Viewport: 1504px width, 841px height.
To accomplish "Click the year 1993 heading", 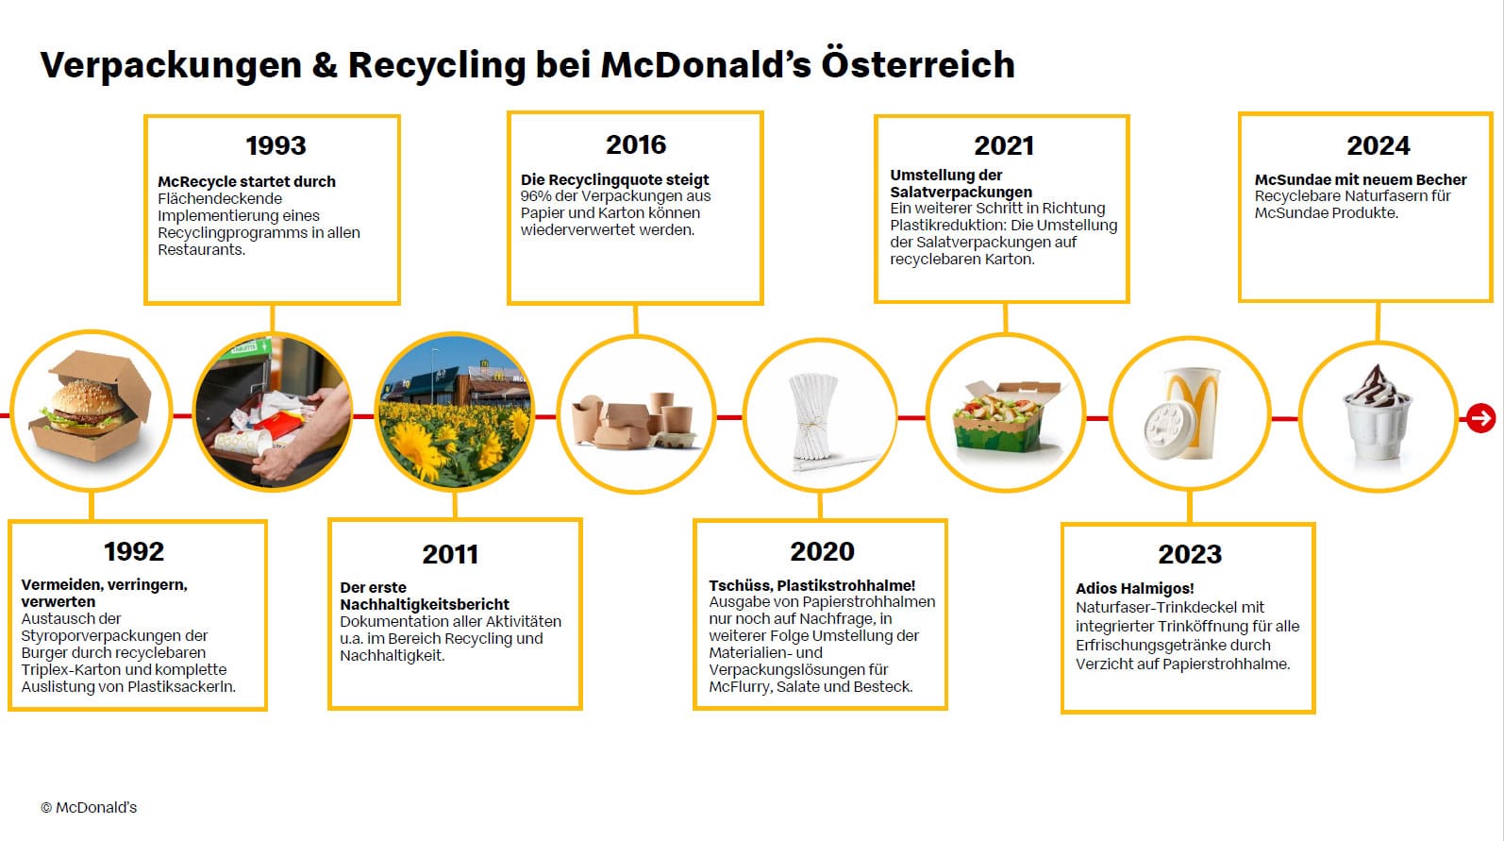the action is (276, 145).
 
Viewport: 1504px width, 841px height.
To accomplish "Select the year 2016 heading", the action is (636, 144).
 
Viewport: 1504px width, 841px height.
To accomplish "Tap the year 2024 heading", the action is (1379, 145).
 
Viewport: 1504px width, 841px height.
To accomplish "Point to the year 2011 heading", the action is (450, 555).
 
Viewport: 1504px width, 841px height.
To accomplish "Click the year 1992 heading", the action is (134, 552).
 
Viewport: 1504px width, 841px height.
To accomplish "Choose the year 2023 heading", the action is (1190, 554).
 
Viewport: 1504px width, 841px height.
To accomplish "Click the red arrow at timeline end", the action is (1480, 418).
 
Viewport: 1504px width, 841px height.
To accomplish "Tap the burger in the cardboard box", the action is (91, 406).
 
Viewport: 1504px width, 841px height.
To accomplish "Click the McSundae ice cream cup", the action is (1376, 412).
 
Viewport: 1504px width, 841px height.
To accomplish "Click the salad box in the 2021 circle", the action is (1005, 415).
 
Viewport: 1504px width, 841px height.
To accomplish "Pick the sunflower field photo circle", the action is (455, 412).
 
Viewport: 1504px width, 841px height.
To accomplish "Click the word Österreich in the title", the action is (918, 64).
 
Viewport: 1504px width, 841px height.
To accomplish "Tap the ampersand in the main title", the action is (325, 65).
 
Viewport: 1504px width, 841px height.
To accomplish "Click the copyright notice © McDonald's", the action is (89, 807).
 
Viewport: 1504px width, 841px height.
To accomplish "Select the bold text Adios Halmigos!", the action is (1135, 588).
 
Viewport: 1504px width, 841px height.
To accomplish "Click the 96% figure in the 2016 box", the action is (535, 196).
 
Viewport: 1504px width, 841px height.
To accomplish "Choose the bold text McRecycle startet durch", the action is (246, 181).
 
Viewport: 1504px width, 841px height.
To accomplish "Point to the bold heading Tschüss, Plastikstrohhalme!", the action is (811, 585).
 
